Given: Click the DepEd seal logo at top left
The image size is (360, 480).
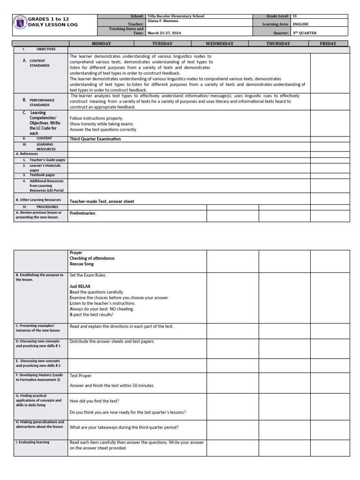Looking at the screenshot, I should [20, 22].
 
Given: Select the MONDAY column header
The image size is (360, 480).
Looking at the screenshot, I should [101, 44].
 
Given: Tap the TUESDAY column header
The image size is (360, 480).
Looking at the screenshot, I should [162, 44].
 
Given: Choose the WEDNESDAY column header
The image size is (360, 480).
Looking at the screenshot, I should [219, 44].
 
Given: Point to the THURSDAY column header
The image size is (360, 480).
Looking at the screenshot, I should [278, 44].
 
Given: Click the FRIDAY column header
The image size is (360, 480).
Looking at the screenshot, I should [328, 44].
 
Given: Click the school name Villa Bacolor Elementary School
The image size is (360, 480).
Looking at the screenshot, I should [175, 16].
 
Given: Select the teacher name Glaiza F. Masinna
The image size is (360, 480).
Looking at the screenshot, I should [163, 21].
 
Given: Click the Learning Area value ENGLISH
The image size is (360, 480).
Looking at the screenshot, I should [300, 24].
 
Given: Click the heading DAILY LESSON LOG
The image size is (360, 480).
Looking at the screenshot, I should [53, 24].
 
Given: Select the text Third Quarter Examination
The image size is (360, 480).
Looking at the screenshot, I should [95, 139].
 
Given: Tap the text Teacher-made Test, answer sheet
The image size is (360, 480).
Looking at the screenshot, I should [102, 202].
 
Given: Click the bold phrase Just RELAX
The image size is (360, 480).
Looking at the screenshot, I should [80, 286].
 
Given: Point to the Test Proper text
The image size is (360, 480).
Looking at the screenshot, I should [81, 375].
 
